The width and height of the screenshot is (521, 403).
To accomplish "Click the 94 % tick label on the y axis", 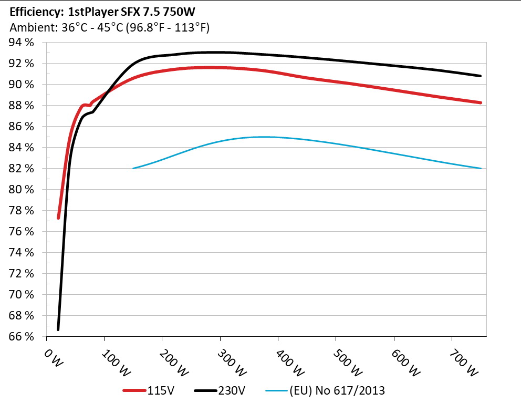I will (x=21, y=43).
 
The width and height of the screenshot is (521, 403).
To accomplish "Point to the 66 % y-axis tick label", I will (x=21, y=337).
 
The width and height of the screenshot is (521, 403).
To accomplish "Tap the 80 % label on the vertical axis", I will (x=21, y=190).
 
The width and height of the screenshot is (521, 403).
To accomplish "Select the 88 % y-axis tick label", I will (x=21, y=106).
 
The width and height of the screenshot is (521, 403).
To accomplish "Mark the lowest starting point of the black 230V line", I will (x=58, y=329).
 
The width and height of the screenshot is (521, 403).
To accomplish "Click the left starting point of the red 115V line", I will (x=58, y=218).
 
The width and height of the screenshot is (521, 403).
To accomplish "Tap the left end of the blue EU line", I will (x=133, y=168).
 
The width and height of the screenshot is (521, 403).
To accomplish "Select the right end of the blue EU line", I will (x=481, y=168).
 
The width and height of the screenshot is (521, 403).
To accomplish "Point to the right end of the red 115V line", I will (x=481, y=102).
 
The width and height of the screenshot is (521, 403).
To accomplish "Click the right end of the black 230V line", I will (x=481, y=76).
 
